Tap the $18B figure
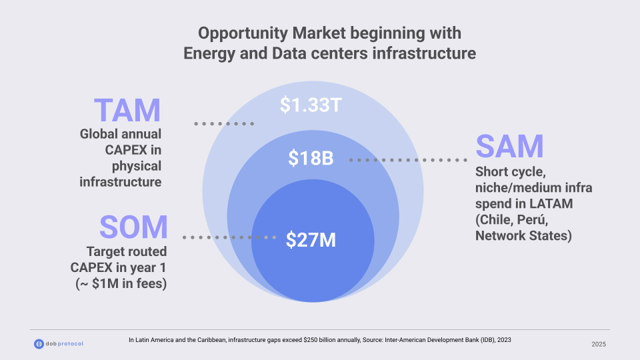[x=311, y=159]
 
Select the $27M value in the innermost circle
[x=311, y=239]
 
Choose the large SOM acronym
[x=133, y=227]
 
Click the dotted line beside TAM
[x=224, y=123]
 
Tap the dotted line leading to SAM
[x=408, y=160]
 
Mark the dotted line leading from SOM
[x=229, y=237]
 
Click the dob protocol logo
[x=59, y=343]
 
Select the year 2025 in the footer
[x=599, y=344]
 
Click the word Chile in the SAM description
[x=495, y=219]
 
